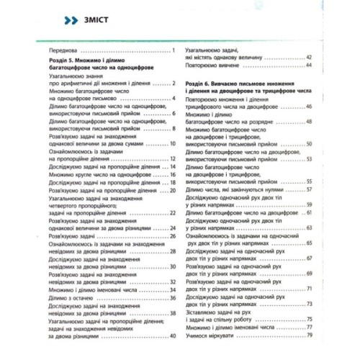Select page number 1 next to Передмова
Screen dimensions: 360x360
click(175, 53)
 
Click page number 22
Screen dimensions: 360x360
click(173, 213)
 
